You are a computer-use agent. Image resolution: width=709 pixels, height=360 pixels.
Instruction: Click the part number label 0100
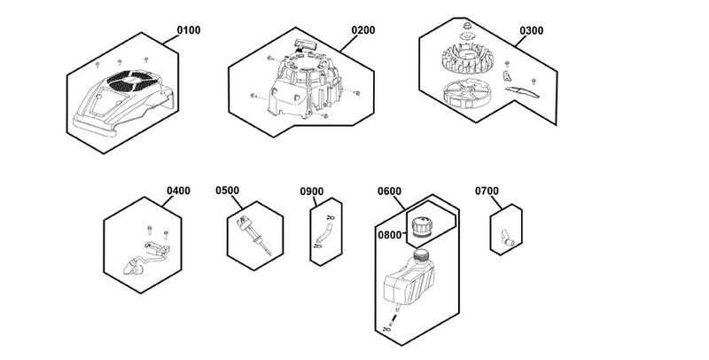pyautogui.click(x=189, y=30)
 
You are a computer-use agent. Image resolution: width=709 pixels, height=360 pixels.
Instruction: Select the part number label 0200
pyautogui.click(x=362, y=30)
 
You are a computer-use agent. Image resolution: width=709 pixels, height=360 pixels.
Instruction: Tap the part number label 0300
pyautogui.click(x=532, y=30)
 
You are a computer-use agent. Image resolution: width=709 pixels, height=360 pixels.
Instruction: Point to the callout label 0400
pyautogui.click(x=178, y=191)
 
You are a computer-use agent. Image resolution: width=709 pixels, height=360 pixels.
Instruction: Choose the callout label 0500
pyautogui.click(x=228, y=191)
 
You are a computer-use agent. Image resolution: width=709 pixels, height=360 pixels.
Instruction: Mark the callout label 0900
pyautogui.click(x=311, y=191)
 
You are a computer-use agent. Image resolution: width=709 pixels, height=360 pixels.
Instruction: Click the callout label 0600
pyautogui.click(x=390, y=191)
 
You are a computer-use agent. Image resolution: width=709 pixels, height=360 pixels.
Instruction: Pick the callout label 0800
pyautogui.click(x=390, y=235)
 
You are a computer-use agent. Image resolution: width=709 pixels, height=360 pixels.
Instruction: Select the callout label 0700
pyautogui.click(x=487, y=191)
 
